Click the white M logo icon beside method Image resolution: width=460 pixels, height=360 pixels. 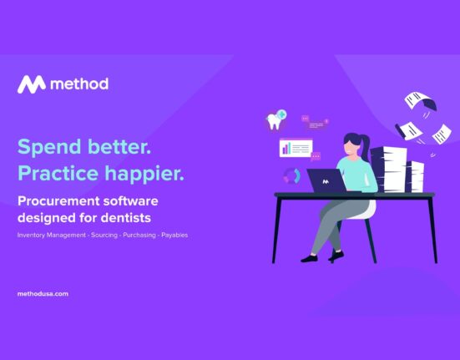pos(32,84)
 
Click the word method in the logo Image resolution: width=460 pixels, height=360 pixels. pos(79,84)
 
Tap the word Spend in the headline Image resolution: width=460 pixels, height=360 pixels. pos(49,147)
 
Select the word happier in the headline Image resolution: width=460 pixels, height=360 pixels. pos(144,174)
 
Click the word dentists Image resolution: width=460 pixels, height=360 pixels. pos(126,218)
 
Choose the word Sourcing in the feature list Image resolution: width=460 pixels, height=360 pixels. pos(104,235)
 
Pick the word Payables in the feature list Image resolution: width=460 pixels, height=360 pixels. pos(174,235)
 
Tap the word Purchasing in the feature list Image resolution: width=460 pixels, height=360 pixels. pos(139,235)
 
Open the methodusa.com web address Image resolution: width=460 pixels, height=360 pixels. pos(43,294)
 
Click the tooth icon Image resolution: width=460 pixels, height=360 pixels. pos(275,119)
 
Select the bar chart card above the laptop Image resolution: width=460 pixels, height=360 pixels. pos(296,148)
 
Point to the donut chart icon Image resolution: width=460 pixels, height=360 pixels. pos(291,175)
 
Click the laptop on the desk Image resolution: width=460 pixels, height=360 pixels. pos(327,180)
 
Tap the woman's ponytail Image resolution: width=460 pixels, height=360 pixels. pos(366,147)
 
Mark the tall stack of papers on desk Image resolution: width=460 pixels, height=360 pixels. pos(388,170)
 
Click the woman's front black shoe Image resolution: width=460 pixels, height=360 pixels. pos(309,259)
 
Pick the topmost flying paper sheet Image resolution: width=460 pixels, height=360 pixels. pos(420,100)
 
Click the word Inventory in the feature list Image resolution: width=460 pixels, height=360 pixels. pos(31,235)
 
